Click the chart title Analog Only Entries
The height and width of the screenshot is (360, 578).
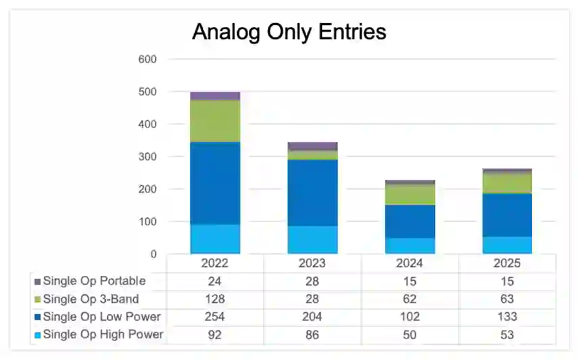point(289,32)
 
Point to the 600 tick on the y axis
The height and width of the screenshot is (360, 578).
point(148,60)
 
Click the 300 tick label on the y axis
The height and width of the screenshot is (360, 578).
point(148,157)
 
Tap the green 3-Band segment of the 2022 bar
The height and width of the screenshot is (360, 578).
point(214,120)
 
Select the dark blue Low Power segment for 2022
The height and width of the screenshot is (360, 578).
point(214,183)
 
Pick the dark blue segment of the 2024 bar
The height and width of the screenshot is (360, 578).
point(409,221)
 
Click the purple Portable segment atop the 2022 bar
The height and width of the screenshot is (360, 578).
point(214,96)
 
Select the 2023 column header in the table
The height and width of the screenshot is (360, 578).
point(312,263)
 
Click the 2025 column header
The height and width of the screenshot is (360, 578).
point(507,263)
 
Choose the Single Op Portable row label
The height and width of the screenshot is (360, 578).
point(94,281)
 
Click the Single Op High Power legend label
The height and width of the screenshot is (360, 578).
point(103,335)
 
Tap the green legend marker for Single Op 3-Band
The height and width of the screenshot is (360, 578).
point(37,299)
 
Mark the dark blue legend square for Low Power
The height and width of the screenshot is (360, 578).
point(37,317)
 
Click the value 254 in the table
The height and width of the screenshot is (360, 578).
point(215,317)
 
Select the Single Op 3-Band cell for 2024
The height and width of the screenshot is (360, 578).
point(409,298)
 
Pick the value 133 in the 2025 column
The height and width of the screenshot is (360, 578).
point(507,317)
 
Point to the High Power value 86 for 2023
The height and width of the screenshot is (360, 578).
point(312,335)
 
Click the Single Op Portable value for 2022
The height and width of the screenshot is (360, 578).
point(215,281)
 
